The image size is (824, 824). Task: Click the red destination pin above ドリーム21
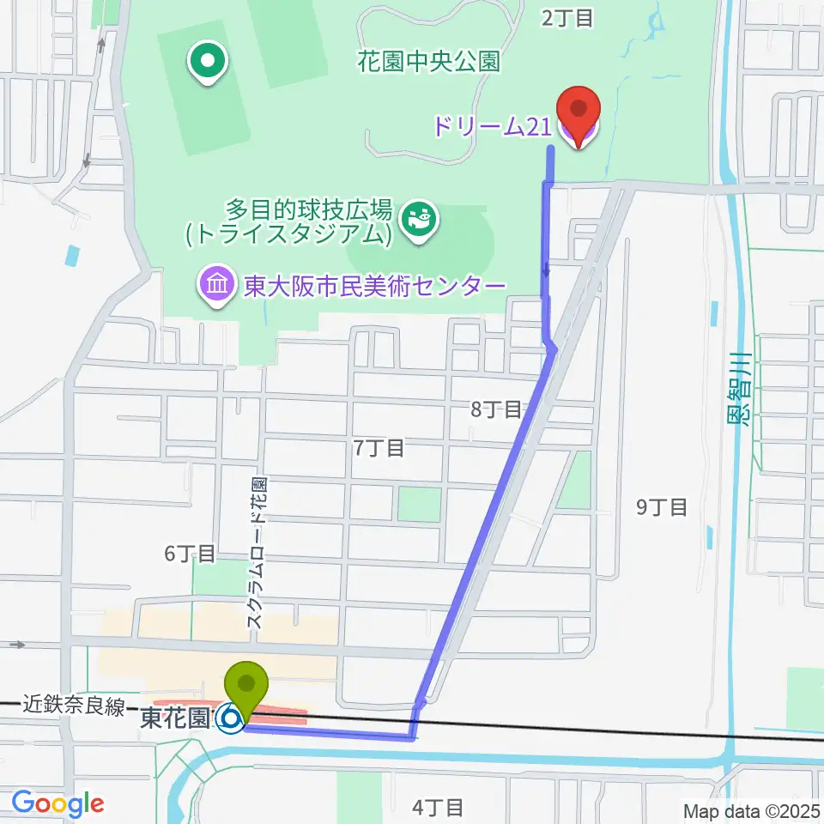[579, 112]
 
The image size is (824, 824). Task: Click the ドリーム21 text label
[491, 127]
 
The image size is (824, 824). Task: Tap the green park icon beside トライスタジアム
[421, 221]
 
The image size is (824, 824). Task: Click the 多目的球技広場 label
[309, 209]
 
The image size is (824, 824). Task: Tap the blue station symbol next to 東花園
[229, 718]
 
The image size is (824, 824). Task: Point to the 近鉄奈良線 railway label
[76, 706]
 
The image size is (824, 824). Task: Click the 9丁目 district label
[662, 507]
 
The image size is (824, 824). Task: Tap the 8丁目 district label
[496, 409]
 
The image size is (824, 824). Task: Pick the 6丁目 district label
[190, 554]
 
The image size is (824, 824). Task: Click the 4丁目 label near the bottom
[438, 807]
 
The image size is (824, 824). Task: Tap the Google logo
[58, 804]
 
